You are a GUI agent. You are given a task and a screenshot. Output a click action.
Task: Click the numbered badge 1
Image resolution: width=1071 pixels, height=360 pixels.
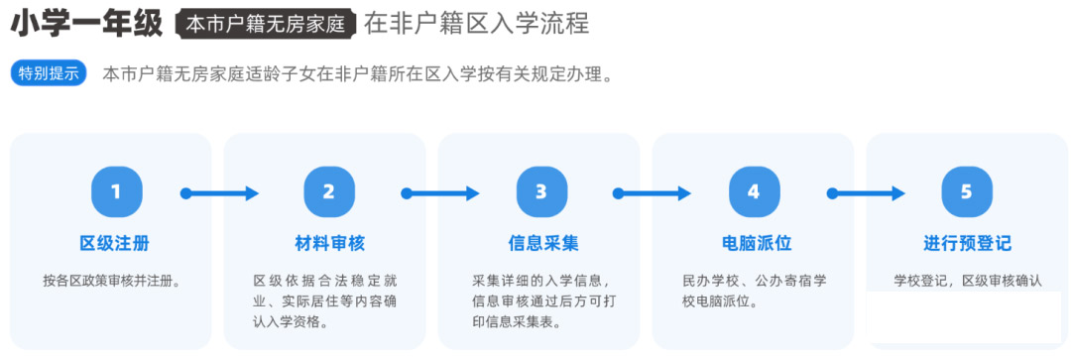tap(116, 192)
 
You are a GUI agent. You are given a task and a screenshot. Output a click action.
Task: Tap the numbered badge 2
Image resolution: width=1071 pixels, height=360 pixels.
tap(328, 192)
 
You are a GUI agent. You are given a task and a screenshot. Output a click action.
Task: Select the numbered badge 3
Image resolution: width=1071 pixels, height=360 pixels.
tap(540, 192)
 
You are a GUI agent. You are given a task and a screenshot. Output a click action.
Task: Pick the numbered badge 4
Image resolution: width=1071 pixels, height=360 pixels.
tap(754, 192)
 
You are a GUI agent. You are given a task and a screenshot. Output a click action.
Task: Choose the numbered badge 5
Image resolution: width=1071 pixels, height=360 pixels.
tap(967, 192)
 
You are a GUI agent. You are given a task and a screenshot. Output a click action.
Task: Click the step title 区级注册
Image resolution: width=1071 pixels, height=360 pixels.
tap(116, 244)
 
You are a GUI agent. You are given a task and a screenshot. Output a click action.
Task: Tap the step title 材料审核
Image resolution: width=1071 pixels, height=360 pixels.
tap(328, 244)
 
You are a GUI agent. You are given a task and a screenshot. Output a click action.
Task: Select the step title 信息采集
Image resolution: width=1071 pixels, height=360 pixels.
tap(541, 244)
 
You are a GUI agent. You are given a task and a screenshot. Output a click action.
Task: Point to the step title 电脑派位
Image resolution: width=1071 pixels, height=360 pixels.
tap(754, 244)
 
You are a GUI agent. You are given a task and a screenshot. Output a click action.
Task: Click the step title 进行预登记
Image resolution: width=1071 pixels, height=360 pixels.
tap(967, 244)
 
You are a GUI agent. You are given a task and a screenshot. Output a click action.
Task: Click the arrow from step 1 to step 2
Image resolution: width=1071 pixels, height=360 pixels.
tap(220, 193)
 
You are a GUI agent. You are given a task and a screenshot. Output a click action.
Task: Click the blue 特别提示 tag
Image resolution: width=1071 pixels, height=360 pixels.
tap(49, 74)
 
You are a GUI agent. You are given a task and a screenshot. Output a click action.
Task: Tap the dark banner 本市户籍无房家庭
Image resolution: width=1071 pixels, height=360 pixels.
tap(266, 25)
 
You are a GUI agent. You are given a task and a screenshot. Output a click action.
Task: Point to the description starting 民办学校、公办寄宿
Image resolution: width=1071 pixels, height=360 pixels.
tap(754, 291)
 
